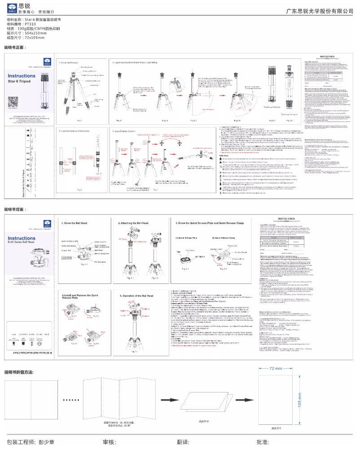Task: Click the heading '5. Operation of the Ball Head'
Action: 140,296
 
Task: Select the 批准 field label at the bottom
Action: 263,442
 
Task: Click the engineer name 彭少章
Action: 47,442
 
